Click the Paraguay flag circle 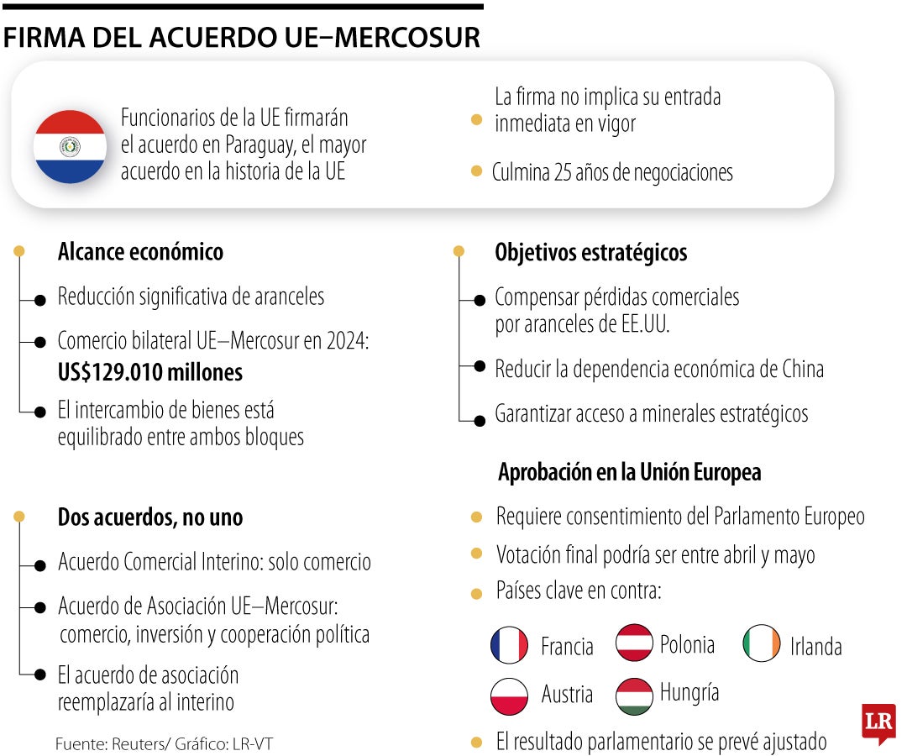click(x=70, y=147)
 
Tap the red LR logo click(x=878, y=722)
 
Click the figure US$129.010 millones click(x=149, y=371)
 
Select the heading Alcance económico click(x=140, y=252)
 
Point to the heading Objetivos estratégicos click(x=590, y=252)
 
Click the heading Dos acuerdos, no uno click(x=149, y=517)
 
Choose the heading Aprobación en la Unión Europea click(x=629, y=472)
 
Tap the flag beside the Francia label click(x=509, y=645)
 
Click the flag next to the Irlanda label click(x=761, y=643)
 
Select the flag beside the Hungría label click(x=634, y=696)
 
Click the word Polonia click(x=687, y=644)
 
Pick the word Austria click(x=567, y=696)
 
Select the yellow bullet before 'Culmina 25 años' click(x=476, y=171)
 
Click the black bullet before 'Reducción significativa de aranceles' click(x=39, y=299)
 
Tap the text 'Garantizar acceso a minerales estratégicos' click(x=651, y=414)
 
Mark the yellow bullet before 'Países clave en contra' click(x=476, y=594)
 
